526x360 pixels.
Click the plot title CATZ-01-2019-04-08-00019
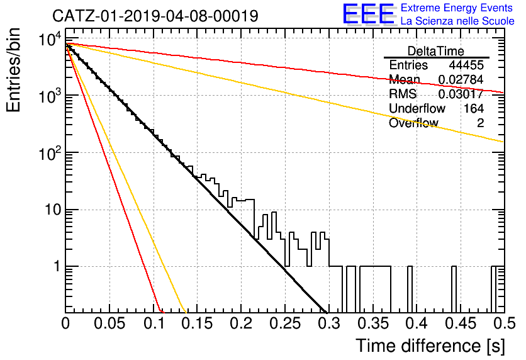pyautogui.click(x=155, y=16)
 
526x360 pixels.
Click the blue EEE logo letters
pyautogui.click(x=368, y=14)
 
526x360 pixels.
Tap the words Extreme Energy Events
pyautogui.click(x=457, y=8)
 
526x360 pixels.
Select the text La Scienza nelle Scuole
pyautogui.click(x=457, y=21)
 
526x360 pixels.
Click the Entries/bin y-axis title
pyautogui.click(x=13, y=70)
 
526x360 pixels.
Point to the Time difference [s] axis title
pyautogui.click(x=430, y=346)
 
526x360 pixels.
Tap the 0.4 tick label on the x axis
pyautogui.click(x=417, y=323)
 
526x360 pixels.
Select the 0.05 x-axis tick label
pyautogui.click(x=109, y=323)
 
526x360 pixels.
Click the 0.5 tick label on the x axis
pyautogui.click(x=504, y=323)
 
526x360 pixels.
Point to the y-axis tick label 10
pyautogui.click(x=53, y=210)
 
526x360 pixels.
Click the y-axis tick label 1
pyautogui.click(x=57, y=267)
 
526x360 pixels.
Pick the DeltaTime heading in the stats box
pyautogui.click(x=436, y=52)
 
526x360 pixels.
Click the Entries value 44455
pyautogui.click(x=466, y=65)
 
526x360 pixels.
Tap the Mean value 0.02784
pyautogui.click(x=461, y=79)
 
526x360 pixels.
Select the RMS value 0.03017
pyautogui.click(x=461, y=94)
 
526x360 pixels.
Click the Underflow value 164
pyautogui.click(x=474, y=108)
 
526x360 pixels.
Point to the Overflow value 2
pyautogui.click(x=480, y=123)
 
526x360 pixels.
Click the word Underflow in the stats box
pyautogui.click(x=417, y=108)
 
